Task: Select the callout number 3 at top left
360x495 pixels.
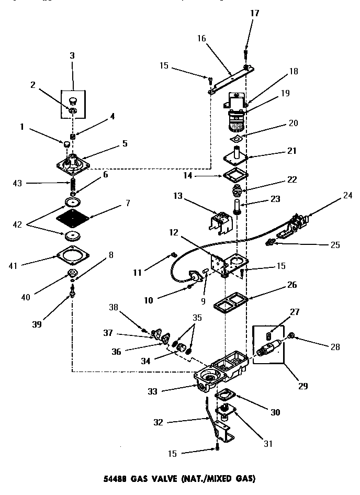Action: click(72, 55)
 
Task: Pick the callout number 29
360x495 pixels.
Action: click(302, 387)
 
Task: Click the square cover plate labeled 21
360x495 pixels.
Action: click(238, 157)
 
